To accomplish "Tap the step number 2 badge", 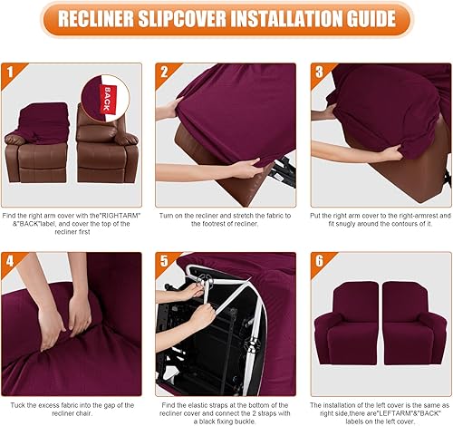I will [x=164, y=70].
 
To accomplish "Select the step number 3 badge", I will [x=319, y=70].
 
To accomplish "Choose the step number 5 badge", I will [x=164, y=260].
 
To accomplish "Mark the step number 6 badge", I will [x=319, y=260].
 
